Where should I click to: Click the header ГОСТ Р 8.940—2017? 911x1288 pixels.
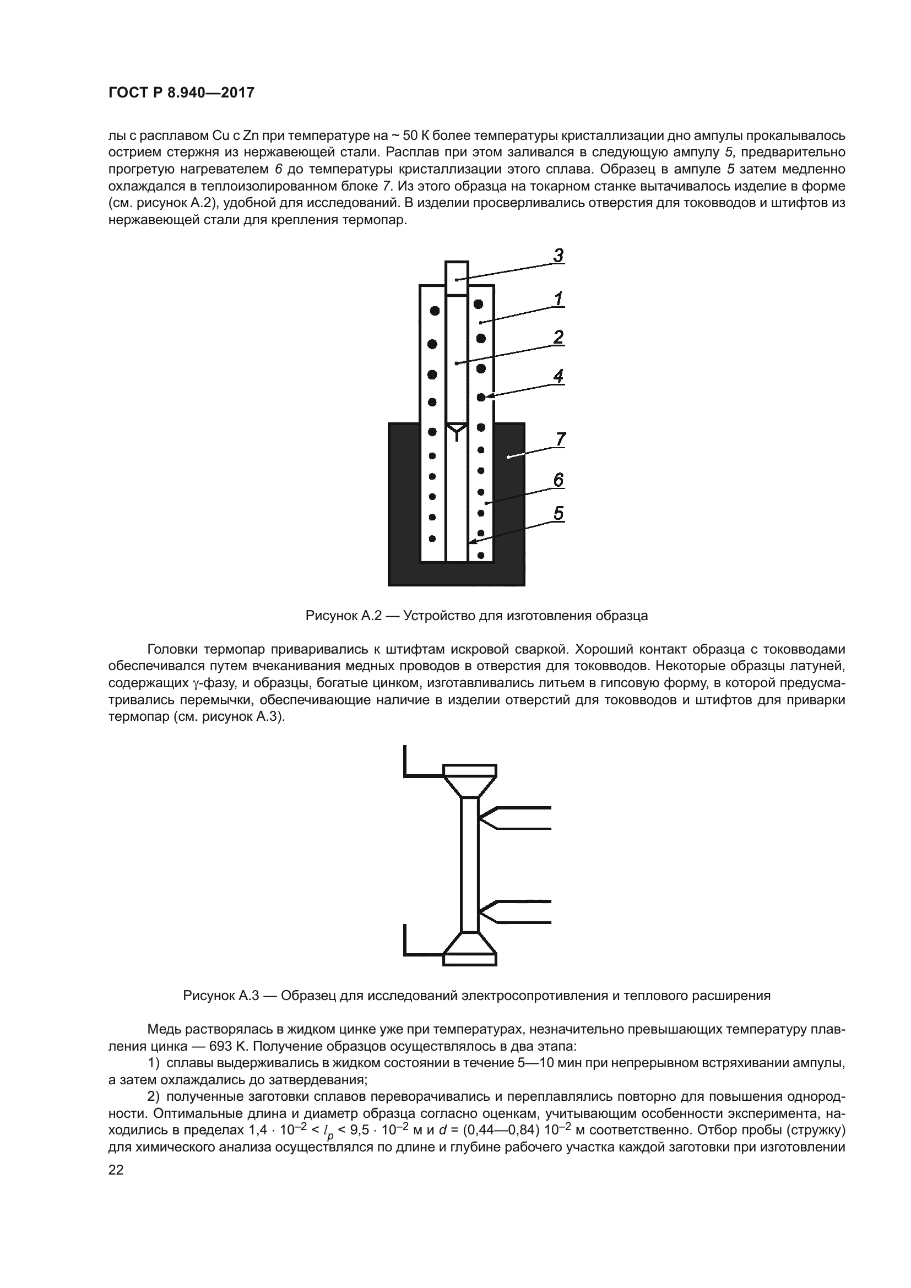tap(181, 93)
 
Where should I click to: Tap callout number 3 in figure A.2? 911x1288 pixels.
tap(558, 256)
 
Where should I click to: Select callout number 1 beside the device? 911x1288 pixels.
tap(558, 299)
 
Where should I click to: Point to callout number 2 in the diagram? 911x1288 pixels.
tap(558, 338)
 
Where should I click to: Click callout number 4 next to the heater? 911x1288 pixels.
tap(558, 377)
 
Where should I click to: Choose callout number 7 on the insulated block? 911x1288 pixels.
tap(560, 439)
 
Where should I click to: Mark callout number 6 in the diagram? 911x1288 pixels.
tap(558, 480)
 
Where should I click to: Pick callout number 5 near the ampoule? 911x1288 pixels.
tap(558, 513)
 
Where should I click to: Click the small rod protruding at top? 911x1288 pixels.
tap(456, 278)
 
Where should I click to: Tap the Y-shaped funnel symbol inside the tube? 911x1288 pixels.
tap(457, 431)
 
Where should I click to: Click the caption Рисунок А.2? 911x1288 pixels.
tap(476, 616)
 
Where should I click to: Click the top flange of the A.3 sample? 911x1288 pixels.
tap(469, 770)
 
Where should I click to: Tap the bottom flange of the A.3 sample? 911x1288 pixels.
tap(469, 959)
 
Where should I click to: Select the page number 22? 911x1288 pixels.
tap(116, 1170)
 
